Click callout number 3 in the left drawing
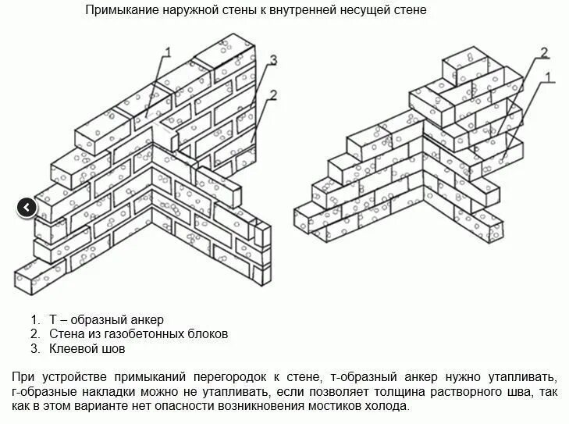[x=274, y=60]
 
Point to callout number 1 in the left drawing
[x=167, y=52]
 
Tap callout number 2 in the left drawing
[x=273, y=94]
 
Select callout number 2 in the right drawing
[x=544, y=52]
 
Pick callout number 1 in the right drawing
[x=549, y=77]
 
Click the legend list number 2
[x=34, y=333]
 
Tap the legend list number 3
[x=34, y=347]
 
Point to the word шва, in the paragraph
[x=500, y=392]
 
